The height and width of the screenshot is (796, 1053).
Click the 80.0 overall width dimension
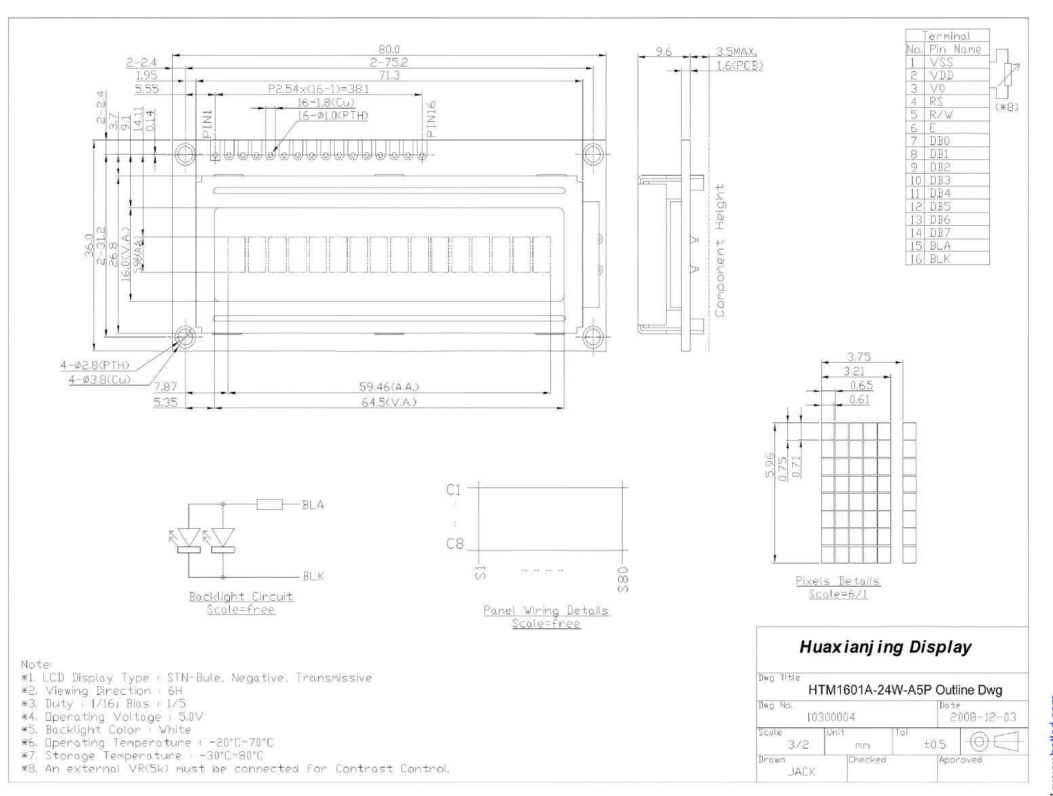389,49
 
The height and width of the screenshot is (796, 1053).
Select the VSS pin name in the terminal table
941,62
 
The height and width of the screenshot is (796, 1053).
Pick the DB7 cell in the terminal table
940,233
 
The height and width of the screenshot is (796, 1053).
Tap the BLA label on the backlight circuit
313,505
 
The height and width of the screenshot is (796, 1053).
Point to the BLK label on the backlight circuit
313,576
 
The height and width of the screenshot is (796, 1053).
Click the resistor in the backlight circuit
270,504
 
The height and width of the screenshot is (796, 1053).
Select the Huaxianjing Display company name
885,647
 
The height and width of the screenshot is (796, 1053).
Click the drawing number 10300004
831,717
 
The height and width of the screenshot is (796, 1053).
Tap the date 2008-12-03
983,717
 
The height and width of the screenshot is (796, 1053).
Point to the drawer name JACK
802,772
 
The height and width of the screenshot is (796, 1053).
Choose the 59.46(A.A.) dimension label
389,387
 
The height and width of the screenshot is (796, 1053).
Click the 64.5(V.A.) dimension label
389,403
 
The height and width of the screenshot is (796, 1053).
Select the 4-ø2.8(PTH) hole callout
95,365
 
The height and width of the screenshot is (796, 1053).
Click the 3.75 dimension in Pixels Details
859,357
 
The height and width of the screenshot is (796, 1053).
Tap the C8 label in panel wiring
455,544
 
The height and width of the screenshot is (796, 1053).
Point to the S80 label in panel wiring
624,580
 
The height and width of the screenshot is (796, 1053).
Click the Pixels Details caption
838,581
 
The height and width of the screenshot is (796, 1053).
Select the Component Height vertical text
720,250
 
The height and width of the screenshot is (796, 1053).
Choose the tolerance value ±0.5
934,744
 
